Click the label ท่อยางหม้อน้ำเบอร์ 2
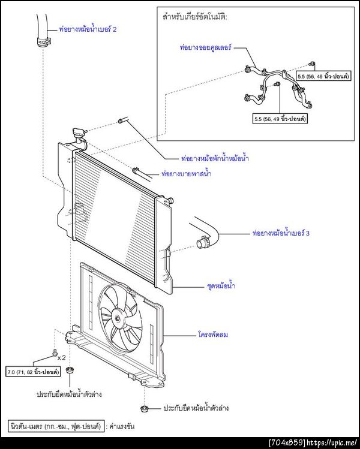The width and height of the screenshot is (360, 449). click(x=88, y=29)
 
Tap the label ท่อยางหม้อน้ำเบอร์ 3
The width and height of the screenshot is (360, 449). click(x=281, y=233)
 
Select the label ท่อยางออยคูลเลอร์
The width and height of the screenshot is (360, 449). click(x=206, y=47)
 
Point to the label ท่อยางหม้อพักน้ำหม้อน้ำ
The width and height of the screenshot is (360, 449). click(x=215, y=158)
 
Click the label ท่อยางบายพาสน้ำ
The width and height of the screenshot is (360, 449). click(x=187, y=173)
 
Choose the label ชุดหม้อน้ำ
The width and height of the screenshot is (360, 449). click(x=221, y=285)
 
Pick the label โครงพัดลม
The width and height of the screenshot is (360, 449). click(x=213, y=334)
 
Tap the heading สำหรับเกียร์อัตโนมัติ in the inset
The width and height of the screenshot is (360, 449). click(x=194, y=17)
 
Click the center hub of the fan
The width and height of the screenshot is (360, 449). click(x=118, y=318)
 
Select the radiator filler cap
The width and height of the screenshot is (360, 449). click(x=79, y=132)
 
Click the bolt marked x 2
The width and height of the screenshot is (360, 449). click(x=55, y=354)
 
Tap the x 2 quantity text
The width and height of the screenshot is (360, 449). click(x=62, y=358)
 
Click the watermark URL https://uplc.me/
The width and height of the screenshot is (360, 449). click(x=332, y=442)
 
